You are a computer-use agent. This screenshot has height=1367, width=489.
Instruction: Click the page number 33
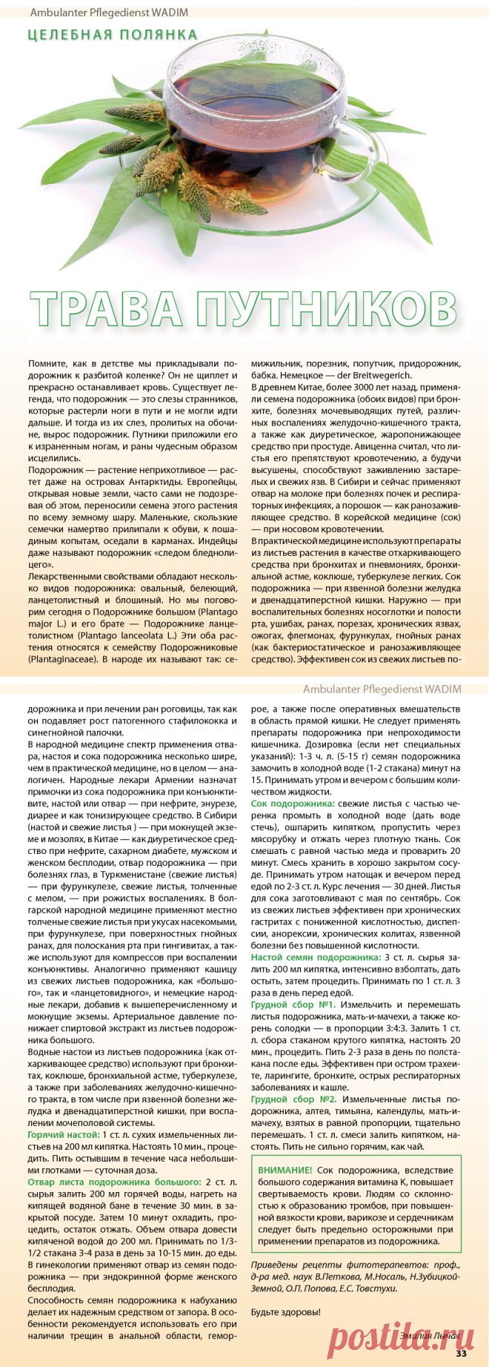click(x=461, y=1354)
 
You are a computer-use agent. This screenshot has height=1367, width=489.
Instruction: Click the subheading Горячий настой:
click(x=63, y=1135)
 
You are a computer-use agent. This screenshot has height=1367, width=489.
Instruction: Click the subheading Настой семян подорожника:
click(x=316, y=957)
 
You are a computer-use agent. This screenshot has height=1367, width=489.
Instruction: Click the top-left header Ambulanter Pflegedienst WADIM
click(x=110, y=12)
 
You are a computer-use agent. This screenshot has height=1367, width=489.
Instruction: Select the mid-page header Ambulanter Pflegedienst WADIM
click(x=382, y=689)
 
